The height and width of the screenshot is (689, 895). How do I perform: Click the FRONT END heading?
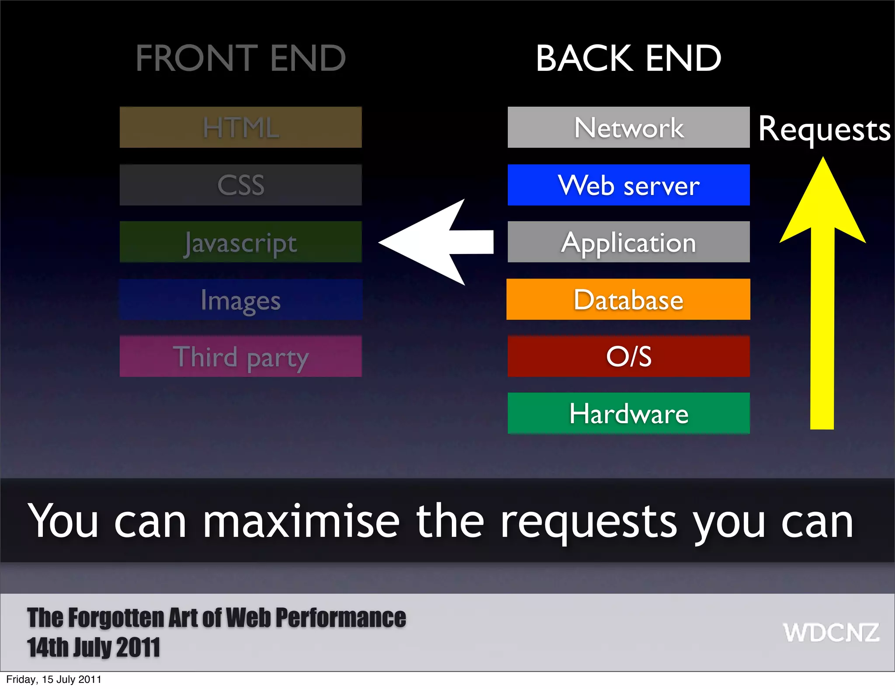coord(240,58)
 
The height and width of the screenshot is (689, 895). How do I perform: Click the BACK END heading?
coord(628,58)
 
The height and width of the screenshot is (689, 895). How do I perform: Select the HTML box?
coord(240,127)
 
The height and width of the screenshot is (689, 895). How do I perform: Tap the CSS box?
coord(240,185)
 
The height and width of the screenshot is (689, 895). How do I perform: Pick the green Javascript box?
coord(240,242)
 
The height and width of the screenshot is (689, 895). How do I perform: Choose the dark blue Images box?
coord(240,299)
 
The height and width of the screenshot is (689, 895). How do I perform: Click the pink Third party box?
coord(240,356)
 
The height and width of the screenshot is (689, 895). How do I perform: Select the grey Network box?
coord(628,127)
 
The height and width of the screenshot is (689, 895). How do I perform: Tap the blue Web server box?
coord(628,185)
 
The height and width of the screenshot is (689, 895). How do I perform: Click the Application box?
coord(628,242)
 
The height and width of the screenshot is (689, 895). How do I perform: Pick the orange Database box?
coord(628,299)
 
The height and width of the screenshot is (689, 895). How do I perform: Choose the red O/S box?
coord(628,356)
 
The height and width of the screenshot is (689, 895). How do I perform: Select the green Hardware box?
coord(628,413)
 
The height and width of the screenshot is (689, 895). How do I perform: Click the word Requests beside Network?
coord(824,129)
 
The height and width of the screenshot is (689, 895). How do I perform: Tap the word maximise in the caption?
coord(301,521)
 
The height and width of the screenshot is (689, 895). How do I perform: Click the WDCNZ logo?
coord(831,633)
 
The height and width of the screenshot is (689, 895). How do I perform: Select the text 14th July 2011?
coord(94,647)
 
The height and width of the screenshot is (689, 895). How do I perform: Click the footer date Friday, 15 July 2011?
coord(54,679)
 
